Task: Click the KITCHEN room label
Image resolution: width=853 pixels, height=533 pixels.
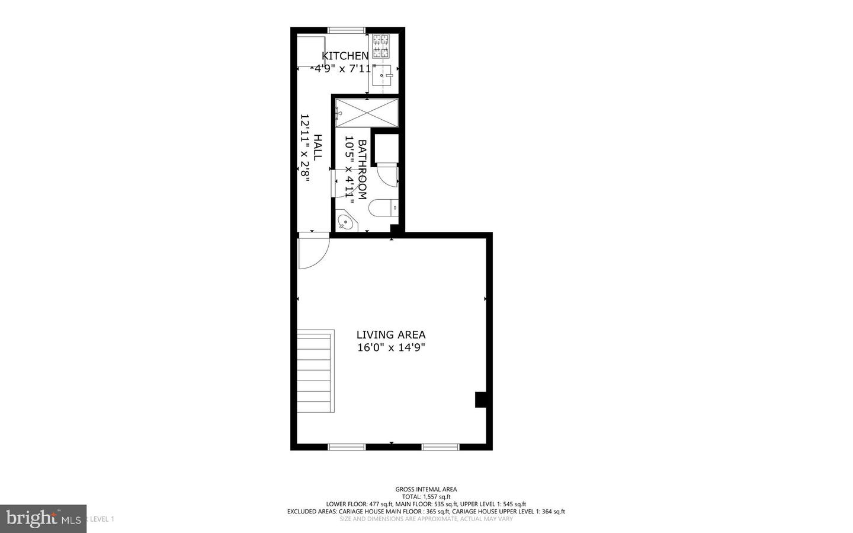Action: click(x=345, y=56)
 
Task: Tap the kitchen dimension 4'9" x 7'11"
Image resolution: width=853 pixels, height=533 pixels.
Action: click(x=345, y=69)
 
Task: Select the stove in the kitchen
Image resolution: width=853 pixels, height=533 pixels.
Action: click(x=381, y=46)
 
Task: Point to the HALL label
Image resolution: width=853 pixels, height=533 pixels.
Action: click(x=318, y=148)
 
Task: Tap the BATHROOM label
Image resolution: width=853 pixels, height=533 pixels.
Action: click(x=363, y=170)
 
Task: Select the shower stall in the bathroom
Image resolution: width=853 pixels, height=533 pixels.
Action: click(x=367, y=113)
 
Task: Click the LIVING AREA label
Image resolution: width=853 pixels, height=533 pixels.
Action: click(x=391, y=335)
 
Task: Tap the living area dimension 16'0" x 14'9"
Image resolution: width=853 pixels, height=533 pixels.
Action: click(x=391, y=348)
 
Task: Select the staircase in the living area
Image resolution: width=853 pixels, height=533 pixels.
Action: click(x=315, y=373)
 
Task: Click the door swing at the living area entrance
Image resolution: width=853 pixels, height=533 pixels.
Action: click(x=312, y=252)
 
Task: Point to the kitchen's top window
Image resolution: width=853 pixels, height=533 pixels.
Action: click(x=347, y=30)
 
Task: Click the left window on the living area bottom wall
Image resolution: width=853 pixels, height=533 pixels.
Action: click(x=347, y=446)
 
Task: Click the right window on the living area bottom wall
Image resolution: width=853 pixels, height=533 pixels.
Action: click(x=440, y=446)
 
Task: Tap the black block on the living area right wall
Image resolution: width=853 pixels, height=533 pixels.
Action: click(x=481, y=400)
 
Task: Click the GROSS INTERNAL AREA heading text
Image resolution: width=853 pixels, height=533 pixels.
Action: click(x=426, y=489)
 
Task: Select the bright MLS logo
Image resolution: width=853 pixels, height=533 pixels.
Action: click(x=43, y=519)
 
